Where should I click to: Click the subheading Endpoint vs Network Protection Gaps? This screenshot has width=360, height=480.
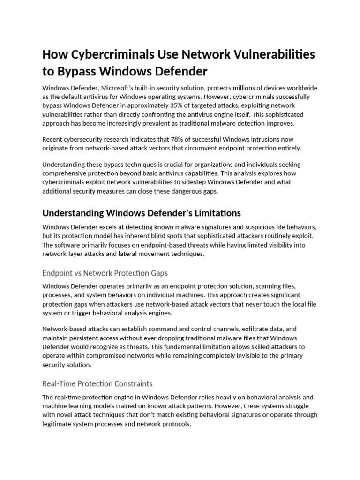click(105, 273)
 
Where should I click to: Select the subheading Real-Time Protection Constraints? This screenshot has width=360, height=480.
click(97, 383)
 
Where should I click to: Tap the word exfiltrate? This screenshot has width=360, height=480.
click(253, 330)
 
